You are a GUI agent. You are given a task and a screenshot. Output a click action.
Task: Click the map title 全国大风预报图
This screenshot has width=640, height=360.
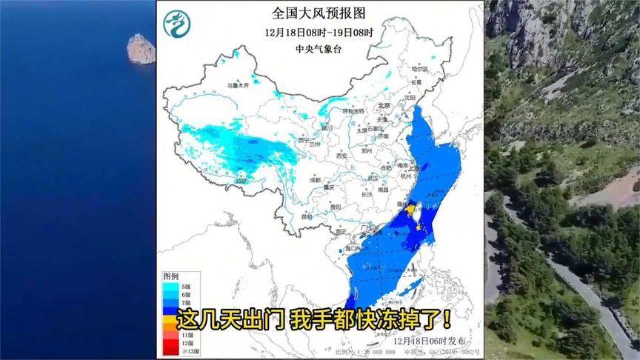tap(319, 13)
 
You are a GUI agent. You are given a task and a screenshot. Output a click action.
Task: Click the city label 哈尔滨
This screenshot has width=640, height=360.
tap(420, 68)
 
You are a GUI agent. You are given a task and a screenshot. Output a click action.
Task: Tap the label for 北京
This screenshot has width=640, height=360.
tap(383, 106)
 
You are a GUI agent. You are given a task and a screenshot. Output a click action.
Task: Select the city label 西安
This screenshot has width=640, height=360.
tap(341, 156)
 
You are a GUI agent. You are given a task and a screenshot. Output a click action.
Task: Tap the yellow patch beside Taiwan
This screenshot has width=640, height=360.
tap(409, 211)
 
